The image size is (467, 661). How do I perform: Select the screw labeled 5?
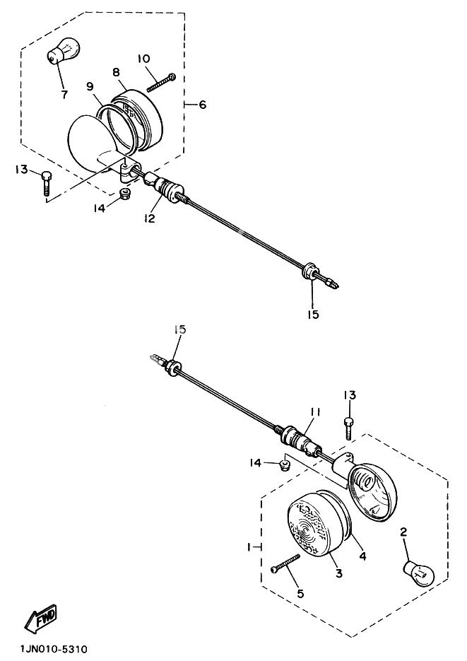[285, 563]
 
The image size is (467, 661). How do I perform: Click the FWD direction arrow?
[40, 617]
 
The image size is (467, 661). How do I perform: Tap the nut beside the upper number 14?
[126, 192]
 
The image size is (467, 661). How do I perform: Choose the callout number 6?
[202, 105]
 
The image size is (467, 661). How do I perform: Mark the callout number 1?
[250, 546]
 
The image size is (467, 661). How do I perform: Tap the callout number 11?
[315, 411]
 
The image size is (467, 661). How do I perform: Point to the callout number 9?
[90, 86]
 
